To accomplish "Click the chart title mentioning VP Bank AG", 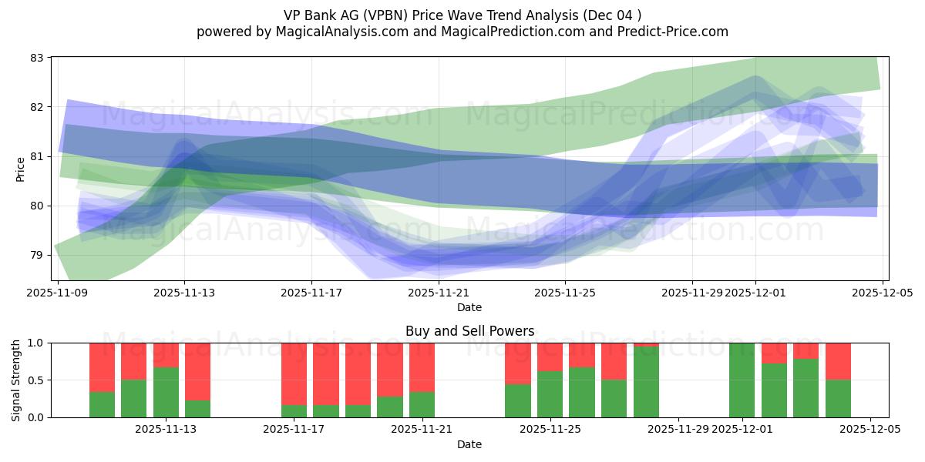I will click(462, 15).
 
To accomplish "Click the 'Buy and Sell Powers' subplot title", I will click(469, 331).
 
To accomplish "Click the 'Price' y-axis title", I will click(20, 169).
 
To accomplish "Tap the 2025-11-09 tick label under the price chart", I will click(58, 293).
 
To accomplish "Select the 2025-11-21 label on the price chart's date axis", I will click(439, 293).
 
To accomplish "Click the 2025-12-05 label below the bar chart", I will click(870, 430).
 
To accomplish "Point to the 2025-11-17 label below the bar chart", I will click(294, 430).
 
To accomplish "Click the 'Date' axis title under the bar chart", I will click(469, 444).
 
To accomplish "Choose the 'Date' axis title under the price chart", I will click(469, 307).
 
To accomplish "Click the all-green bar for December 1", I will click(742, 380).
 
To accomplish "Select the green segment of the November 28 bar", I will click(646, 382).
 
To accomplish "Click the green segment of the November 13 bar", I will click(166, 392).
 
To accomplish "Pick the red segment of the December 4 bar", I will click(838, 361).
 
